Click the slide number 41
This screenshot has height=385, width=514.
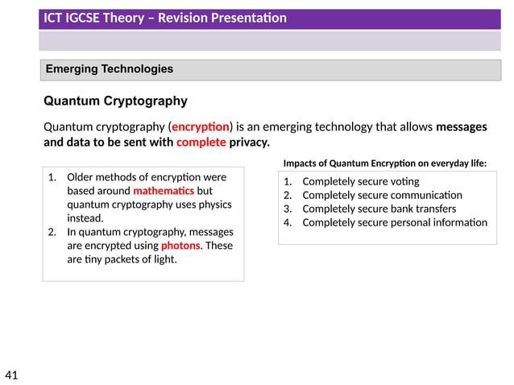(11, 375)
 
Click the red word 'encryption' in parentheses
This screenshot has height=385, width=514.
(201, 127)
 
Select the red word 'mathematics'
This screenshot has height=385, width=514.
(164, 191)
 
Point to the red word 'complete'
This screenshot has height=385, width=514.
(201, 143)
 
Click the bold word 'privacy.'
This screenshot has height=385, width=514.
(249, 143)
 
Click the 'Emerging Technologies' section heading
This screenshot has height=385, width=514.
(110, 69)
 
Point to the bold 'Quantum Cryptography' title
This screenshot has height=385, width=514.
(115, 101)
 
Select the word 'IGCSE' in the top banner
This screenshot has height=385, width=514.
(88, 18)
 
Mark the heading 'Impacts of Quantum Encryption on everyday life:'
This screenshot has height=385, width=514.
(385, 163)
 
